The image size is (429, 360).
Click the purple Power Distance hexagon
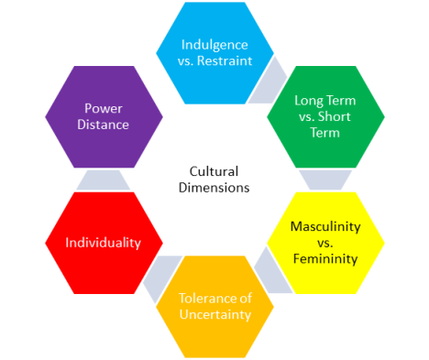[x=104, y=116]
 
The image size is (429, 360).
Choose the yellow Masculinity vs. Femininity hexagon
[x=325, y=243]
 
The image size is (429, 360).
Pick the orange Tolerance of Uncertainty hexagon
[x=214, y=306]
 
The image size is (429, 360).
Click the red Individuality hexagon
[x=104, y=243]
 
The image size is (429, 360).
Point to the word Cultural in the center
[x=214, y=170]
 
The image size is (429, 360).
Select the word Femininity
[x=325, y=258]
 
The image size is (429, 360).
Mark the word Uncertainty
[x=214, y=315]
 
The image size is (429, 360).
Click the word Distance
[x=104, y=125]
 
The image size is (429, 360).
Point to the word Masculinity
[x=325, y=226]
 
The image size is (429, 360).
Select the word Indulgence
[x=214, y=44]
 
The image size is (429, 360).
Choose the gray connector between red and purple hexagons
[x=104, y=180]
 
